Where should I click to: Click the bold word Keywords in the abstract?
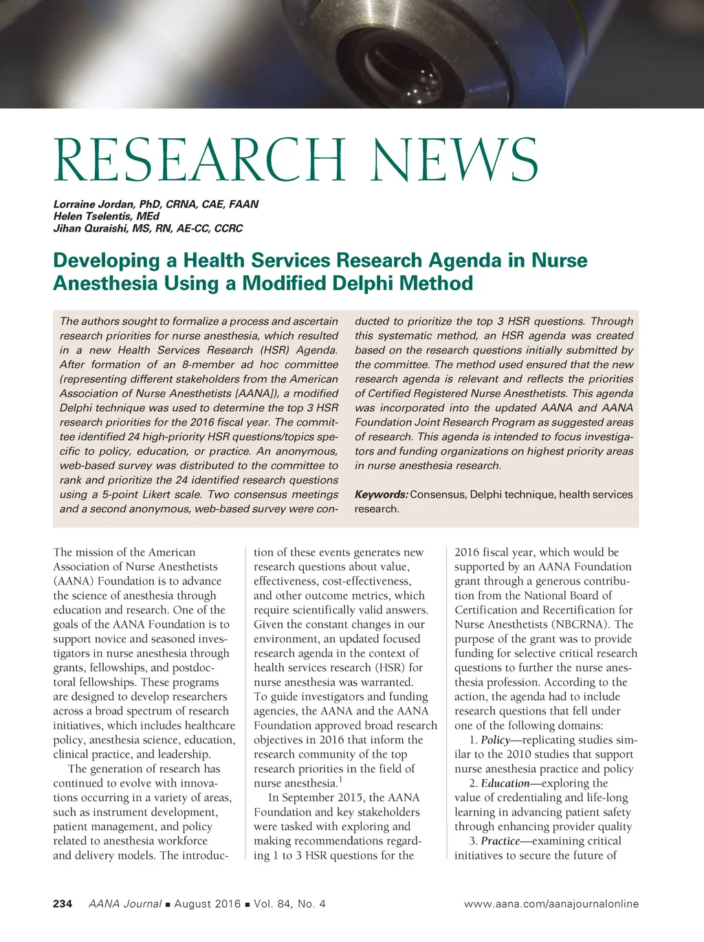pyautogui.click(x=381, y=494)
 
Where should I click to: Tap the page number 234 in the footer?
pyautogui.click(x=63, y=903)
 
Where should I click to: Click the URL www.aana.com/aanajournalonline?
pyautogui.click(x=551, y=903)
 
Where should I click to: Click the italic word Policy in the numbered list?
pyautogui.click(x=495, y=740)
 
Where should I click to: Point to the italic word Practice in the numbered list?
pyautogui.click(x=500, y=841)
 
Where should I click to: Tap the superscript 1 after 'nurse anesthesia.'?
pyautogui.click(x=340, y=780)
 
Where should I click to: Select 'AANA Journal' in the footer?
pyautogui.click(x=125, y=903)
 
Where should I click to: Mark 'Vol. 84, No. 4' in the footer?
pyautogui.click(x=289, y=903)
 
